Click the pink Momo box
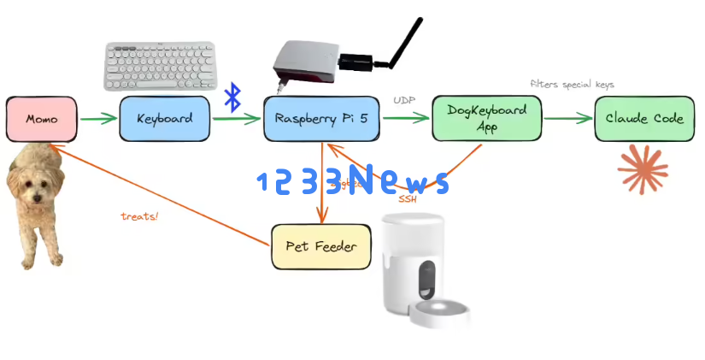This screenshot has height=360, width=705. (x=41, y=119)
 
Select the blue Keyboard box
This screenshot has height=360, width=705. (x=164, y=119)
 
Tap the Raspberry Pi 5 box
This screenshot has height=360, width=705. (x=321, y=119)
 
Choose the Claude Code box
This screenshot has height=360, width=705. (x=643, y=119)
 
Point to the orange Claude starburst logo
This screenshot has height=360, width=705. (x=642, y=168)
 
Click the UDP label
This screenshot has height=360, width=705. (x=404, y=101)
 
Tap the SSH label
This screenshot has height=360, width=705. (x=408, y=199)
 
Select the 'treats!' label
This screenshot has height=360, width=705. (x=139, y=216)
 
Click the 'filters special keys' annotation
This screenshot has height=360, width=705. (x=572, y=85)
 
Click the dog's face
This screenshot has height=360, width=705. (x=34, y=185)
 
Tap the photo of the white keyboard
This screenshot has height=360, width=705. (x=161, y=66)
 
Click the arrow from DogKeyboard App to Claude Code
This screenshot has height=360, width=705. (x=567, y=119)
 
